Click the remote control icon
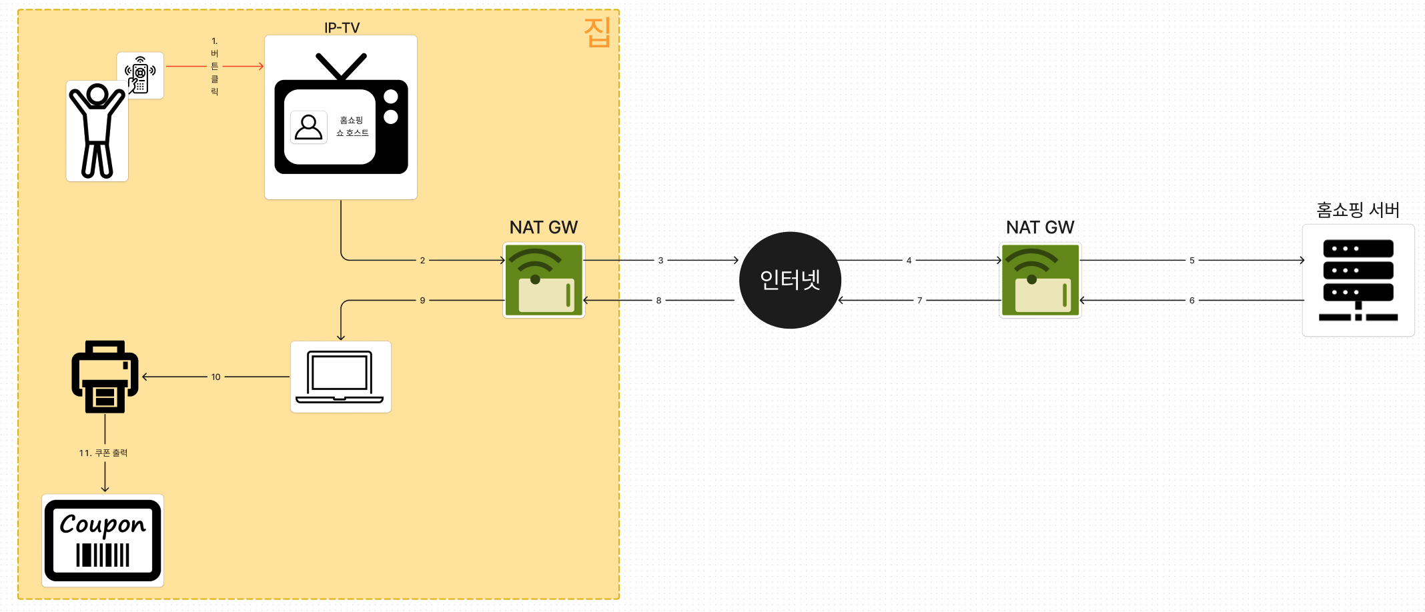click(140, 75)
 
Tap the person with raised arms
click(97, 131)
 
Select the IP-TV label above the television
click(342, 27)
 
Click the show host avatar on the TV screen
click(308, 127)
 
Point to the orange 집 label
click(597, 32)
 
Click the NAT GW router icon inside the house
click(544, 280)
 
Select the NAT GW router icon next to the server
click(1040, 280)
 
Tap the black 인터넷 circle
click(790, 280)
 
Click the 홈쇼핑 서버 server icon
click(1358, 280)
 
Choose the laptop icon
click(340, 377)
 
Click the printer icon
click(105, 377)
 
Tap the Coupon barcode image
click(103, 541)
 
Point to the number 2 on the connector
click(422, 261)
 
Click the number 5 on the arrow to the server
click(1192, 261)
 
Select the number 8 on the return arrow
click(658, 301)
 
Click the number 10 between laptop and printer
click(215, 377)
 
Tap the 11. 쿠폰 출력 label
click(103, 453)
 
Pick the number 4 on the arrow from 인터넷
click(909, 261)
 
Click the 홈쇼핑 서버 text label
click(1358, 210)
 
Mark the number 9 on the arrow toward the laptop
click(422, 301)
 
